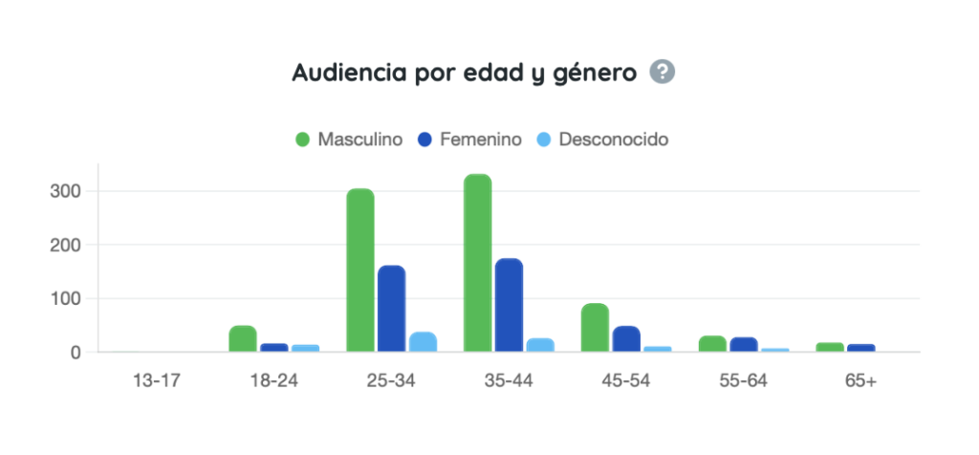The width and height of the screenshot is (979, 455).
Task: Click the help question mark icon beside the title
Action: coord(663,72)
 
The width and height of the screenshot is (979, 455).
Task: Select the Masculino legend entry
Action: coord(349,139)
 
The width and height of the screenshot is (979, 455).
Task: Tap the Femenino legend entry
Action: coord(469,139)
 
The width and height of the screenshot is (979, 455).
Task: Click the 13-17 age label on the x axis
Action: coord(156,379)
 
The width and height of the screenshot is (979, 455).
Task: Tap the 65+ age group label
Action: coord(860,379)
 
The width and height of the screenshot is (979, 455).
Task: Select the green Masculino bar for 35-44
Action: coord(478,263)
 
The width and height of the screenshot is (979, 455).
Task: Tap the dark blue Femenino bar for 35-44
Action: coord(509,305)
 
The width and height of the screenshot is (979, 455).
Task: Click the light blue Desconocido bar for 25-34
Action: coord(423,342)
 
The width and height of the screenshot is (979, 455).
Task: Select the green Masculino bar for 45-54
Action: coord(595,328)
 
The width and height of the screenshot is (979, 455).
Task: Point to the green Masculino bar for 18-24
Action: coord(243,339)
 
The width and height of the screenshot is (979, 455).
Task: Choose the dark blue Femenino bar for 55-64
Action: coord(744,344)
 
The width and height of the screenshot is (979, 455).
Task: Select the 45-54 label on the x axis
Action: coord(625,379)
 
